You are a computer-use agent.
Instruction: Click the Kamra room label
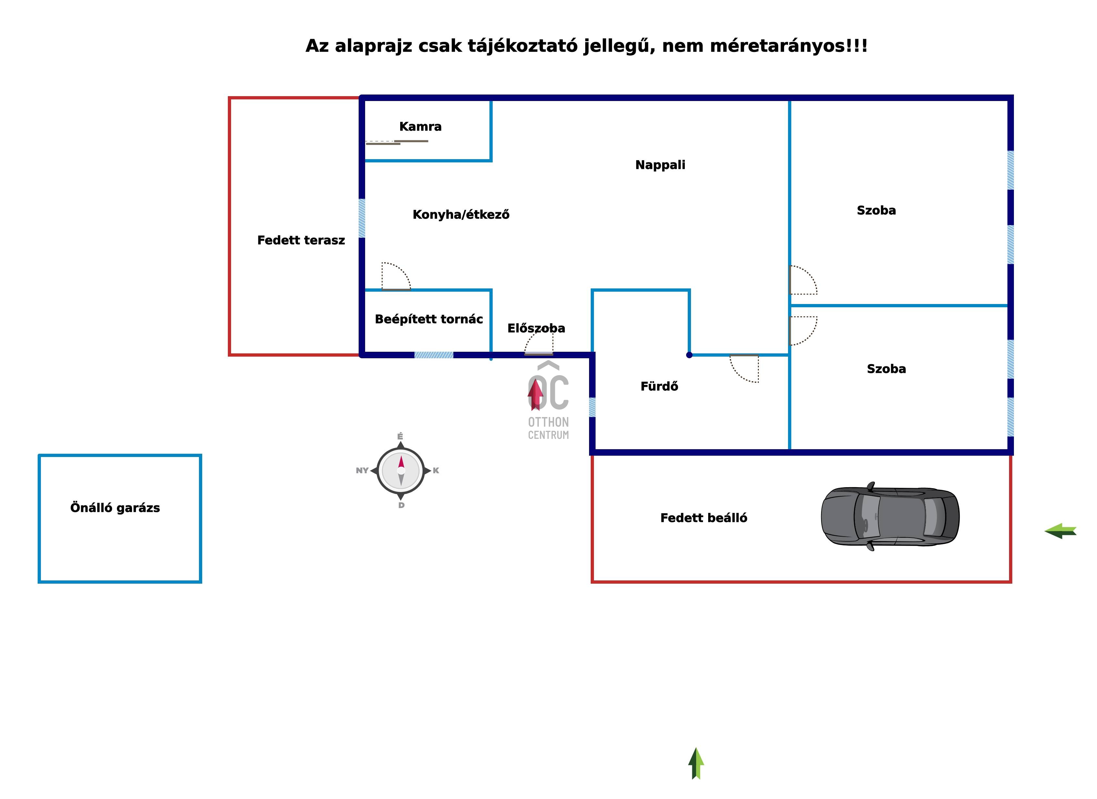420,127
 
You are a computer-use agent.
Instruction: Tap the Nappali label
660,165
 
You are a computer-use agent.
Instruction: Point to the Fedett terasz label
301,241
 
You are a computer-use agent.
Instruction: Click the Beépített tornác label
428,319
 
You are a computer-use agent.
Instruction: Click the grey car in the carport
890,516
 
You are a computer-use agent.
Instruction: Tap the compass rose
401,470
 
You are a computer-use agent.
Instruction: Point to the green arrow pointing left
1060,531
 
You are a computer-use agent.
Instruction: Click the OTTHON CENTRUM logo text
548,428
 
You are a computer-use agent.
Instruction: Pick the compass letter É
400,437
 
